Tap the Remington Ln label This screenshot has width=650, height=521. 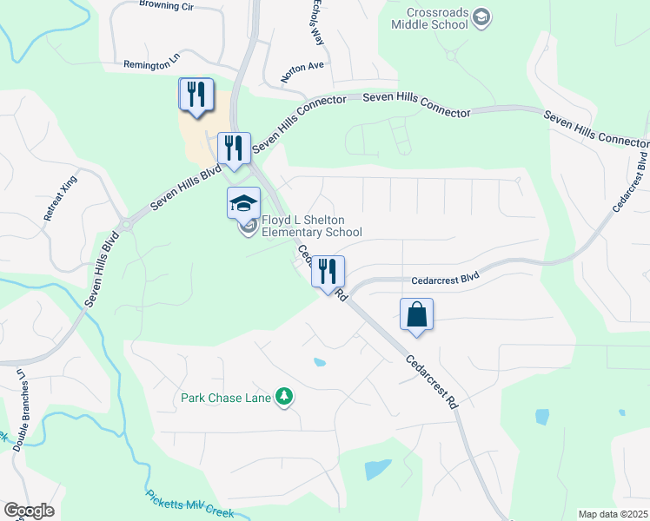click(150, 63)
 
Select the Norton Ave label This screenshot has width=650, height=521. click(302, 71)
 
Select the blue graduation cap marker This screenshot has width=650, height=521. click(243, 204)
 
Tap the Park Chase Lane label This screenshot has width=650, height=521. click(226, 399)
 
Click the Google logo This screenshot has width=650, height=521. click(28, 511)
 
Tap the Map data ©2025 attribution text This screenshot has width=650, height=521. click(612, 514)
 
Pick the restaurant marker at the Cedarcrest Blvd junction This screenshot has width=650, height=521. click(328, 271)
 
